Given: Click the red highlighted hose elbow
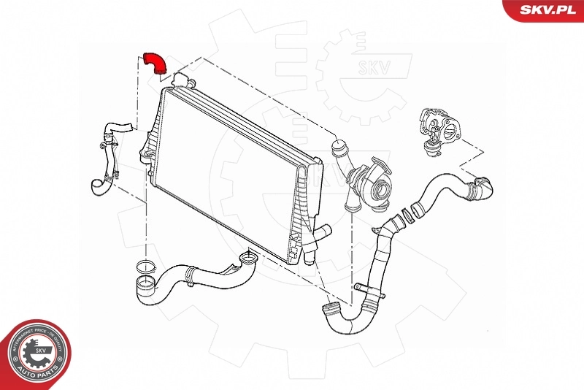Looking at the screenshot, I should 155,62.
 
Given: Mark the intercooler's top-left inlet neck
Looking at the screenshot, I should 182,77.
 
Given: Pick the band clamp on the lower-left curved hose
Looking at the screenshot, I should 191,275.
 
